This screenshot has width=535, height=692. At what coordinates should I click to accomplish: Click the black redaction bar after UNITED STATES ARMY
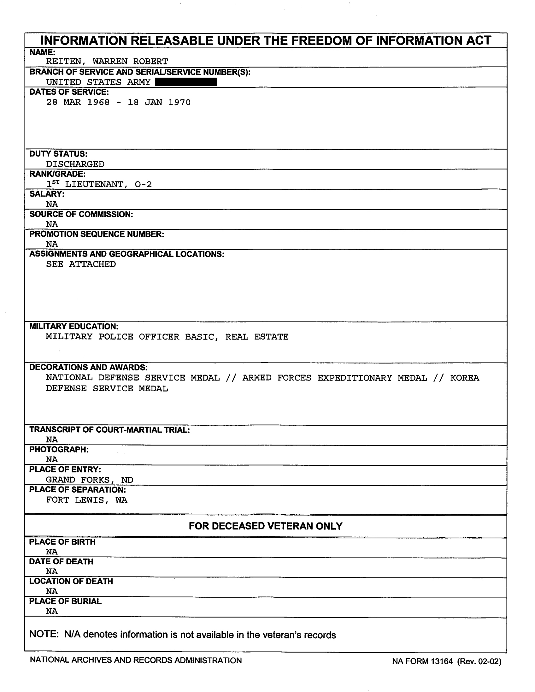(186, 82)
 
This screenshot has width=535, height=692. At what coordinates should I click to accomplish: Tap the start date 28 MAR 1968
(78, 102)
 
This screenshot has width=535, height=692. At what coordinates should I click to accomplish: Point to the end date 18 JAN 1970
(159, 102)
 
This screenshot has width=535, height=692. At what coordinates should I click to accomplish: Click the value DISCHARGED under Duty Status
(75, 164)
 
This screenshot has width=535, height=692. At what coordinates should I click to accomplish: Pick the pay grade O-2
(143, 184)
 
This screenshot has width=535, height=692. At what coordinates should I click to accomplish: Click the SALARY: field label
(47, 194)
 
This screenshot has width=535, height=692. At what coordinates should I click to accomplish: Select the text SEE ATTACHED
(81, 264)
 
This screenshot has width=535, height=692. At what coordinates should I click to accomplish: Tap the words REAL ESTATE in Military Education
(256, 337)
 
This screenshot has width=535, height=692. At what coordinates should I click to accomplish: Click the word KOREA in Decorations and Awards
(464, 378)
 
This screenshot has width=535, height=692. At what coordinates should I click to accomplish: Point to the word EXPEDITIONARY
(355, 378)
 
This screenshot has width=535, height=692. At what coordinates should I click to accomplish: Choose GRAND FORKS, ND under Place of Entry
(89, 480)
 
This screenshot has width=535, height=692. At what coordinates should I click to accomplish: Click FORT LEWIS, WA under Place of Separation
(86, 500)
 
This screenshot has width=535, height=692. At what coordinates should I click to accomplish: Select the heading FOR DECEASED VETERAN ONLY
(265, 526)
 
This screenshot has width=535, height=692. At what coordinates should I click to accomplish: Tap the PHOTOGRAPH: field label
(59, 450)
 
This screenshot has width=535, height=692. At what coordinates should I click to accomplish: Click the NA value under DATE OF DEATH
(52, 571)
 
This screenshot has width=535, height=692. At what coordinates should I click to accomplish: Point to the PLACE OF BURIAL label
(65, 601)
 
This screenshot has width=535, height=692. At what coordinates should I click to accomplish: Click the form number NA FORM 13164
(422, 661)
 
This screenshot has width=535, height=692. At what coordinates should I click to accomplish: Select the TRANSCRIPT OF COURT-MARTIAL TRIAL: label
(109, 430)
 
